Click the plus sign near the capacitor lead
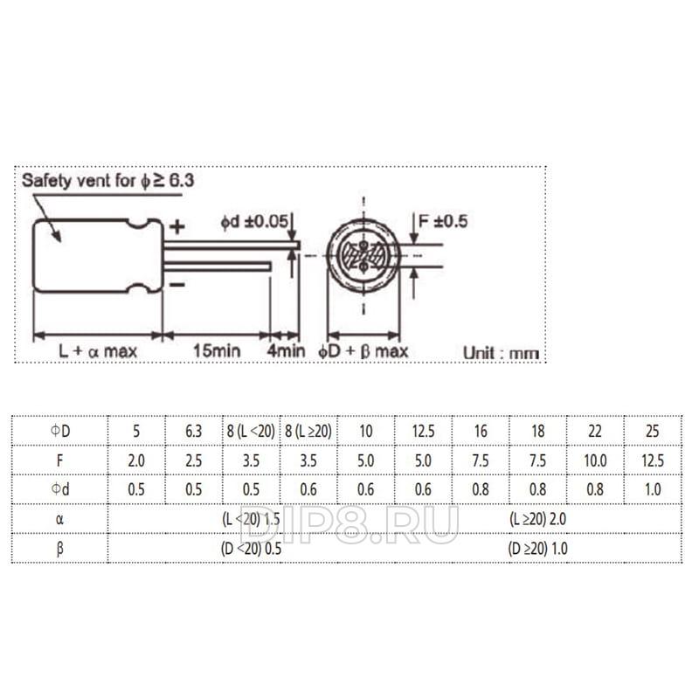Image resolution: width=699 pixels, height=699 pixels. (177, 227)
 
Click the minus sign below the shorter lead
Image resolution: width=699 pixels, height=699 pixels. (177, 285)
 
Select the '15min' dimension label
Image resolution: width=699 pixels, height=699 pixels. (217, 351)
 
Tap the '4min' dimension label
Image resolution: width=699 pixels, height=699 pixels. (287, 351)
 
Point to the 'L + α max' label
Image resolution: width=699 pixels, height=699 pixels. (98, 351)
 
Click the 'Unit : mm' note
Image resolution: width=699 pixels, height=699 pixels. (501, 353)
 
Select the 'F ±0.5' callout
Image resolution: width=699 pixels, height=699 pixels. (443, 221)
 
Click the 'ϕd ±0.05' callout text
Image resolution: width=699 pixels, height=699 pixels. (254, 222)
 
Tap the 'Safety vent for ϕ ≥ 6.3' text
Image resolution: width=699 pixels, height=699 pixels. (107, 181)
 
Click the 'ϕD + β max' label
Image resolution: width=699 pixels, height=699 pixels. (363, 351)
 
